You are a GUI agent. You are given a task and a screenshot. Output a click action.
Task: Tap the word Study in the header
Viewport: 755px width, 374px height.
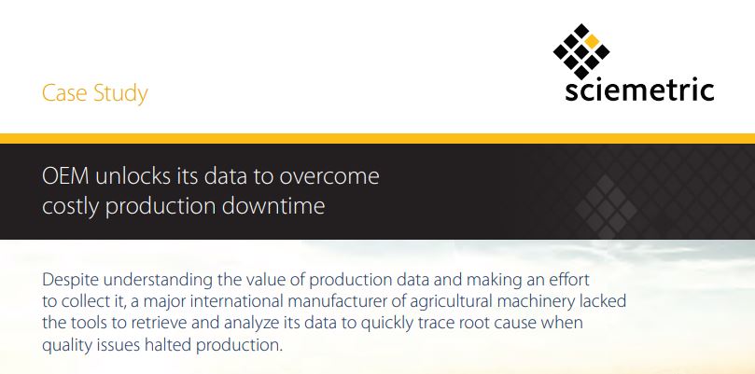(119, 94)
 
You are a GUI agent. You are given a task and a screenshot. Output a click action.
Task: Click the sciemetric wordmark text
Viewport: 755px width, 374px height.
(640, 90)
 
